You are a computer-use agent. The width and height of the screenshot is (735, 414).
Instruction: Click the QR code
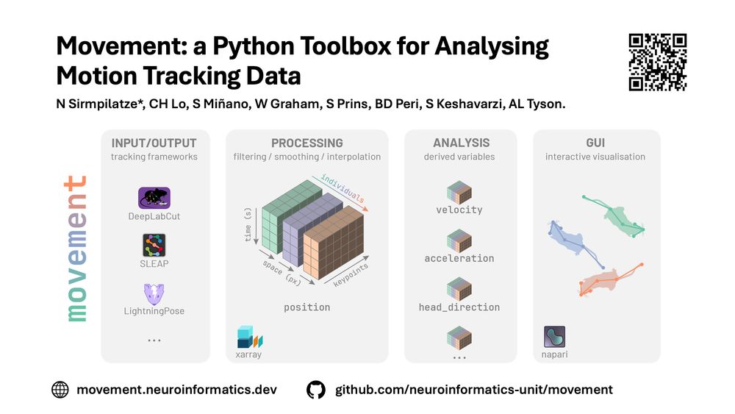(x=658, y=62)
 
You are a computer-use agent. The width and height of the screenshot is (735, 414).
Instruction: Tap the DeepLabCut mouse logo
(x=154, y=198)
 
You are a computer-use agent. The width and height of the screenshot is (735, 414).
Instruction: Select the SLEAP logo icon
(x=154, y=245)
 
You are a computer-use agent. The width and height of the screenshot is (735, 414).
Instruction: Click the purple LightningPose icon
(x=154, y=294)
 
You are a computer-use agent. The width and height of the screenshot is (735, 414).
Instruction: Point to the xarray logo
(x=250, y=337)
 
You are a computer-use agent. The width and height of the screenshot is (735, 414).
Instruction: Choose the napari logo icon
(x=554, y=337)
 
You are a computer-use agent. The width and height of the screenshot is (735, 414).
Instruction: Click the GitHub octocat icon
(x=316, y=390)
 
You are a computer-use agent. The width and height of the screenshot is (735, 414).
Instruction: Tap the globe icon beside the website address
(x=60, y=390)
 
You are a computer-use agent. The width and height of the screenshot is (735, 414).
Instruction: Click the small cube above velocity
(x=459, y=192)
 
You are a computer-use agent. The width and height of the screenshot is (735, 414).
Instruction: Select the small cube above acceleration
(x=459, y=241)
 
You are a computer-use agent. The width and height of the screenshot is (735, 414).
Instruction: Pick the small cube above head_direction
(x=459, y=289)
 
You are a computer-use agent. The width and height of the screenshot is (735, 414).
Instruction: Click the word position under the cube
(x=307, y=307)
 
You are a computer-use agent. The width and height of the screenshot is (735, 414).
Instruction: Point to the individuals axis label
(x=343, y=188)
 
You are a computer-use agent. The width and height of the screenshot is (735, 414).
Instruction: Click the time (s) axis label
(x=248, y=224)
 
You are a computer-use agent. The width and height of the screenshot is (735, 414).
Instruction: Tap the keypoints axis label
(x=351, y=275)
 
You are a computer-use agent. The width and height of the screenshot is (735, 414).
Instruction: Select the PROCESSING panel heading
(x=307, y=143)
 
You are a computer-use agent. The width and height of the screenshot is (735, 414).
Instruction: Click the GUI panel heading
(x=595, y=143)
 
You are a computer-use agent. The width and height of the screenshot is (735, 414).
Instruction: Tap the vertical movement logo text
(x=76, y=249)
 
